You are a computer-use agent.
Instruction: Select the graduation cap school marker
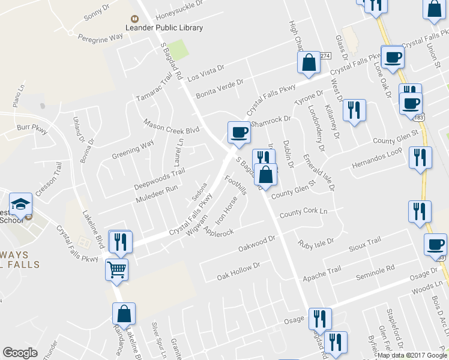point(20,205)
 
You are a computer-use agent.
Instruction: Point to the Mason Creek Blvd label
point(171,126)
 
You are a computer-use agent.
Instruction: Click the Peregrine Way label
point(100,37)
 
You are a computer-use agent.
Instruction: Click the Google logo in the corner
point(20,353)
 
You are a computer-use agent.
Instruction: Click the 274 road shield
point(325,55)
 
